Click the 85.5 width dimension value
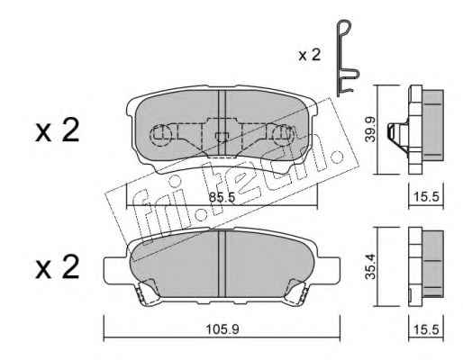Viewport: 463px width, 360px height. pyautogui.click(x=222, y=197)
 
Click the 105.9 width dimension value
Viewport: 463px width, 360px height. pyautogui.click(x=222, y=330)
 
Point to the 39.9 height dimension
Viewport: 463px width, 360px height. pyautogui.click(x=370, y=130)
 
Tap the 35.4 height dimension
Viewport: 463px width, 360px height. pyautogui.click(x=370, y=266)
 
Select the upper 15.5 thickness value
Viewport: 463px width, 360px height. pyautogui.click(x=426, y=197)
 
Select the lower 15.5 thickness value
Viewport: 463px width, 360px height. pyautogui.click(x=426, y=330)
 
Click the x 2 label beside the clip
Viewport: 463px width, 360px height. pyautogui.click(x=310, y=55)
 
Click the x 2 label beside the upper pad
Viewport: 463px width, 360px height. pyautogui.click(x=58, y=130)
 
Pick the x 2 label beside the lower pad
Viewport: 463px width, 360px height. pyautogui.click(x=58, y=266)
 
